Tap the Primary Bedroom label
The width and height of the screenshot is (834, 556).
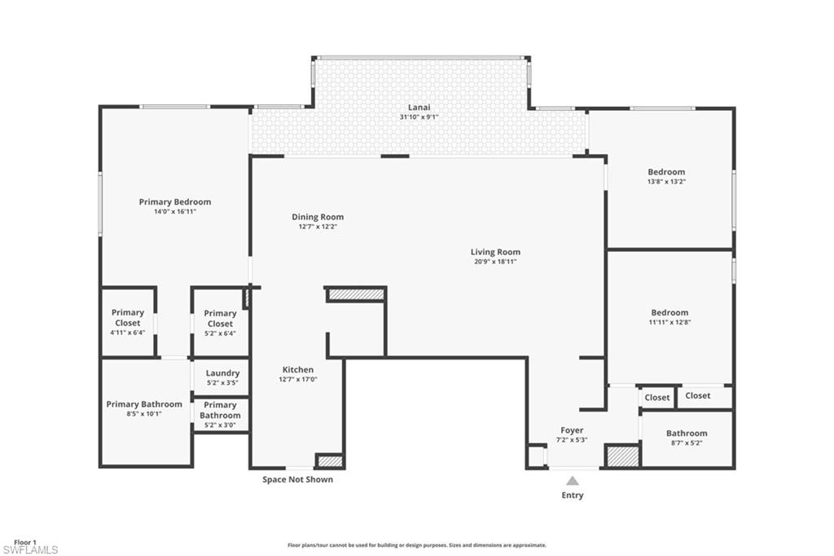click(x=174, y=202)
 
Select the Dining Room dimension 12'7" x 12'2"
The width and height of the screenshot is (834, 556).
click(x=318, y=227)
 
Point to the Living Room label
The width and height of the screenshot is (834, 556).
click(x=495, y=252)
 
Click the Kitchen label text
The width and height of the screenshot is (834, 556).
click(x=298, y=369)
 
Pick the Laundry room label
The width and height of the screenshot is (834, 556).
click(x=222, y=373)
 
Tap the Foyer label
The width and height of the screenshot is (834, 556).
click(x=572, y=430)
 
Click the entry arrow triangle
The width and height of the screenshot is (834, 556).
click(x=573, y=480)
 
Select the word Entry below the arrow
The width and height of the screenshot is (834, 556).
click(x=573, y=495)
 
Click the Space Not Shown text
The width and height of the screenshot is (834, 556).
click(x=297, y=479)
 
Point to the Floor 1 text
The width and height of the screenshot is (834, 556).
click(x=25, y=542)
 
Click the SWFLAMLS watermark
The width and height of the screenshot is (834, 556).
click(x=30, y=550)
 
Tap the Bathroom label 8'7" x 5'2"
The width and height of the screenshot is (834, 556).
click(x=687, y=434)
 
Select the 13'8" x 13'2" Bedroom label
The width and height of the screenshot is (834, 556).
click(x=666, y=172)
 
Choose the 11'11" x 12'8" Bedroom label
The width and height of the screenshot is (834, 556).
click(x=669, y=312)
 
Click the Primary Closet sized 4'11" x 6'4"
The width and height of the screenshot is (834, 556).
click(x=128, y=317)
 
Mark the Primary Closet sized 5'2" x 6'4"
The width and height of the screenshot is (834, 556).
click(x=220, y=318)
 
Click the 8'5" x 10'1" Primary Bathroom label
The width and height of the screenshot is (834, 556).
click(x=144, y=404)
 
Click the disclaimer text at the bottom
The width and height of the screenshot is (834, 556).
click(x=416, y=545)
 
